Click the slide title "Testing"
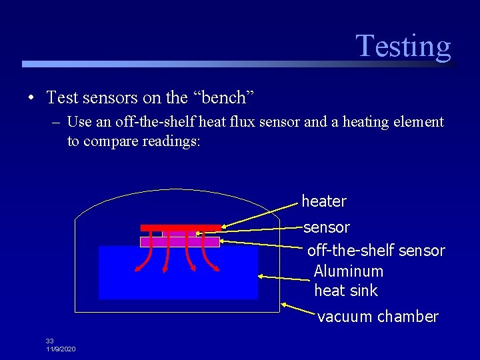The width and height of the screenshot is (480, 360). [403, 46]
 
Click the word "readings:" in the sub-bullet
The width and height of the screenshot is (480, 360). [171, 142]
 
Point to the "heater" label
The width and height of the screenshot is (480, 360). [324, 201]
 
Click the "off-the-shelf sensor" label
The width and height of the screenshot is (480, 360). [375, 251]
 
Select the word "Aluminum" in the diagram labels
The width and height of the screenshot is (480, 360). [348, 271]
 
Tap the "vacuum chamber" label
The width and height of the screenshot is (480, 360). [377, 317]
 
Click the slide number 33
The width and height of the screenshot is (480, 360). [50, 341]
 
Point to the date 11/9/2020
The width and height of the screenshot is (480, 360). [61, 349]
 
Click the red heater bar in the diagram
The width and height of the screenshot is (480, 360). [181, 228]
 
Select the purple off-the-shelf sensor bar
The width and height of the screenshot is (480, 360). [179, 242]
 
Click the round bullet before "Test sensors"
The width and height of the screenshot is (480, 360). [31, 99]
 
